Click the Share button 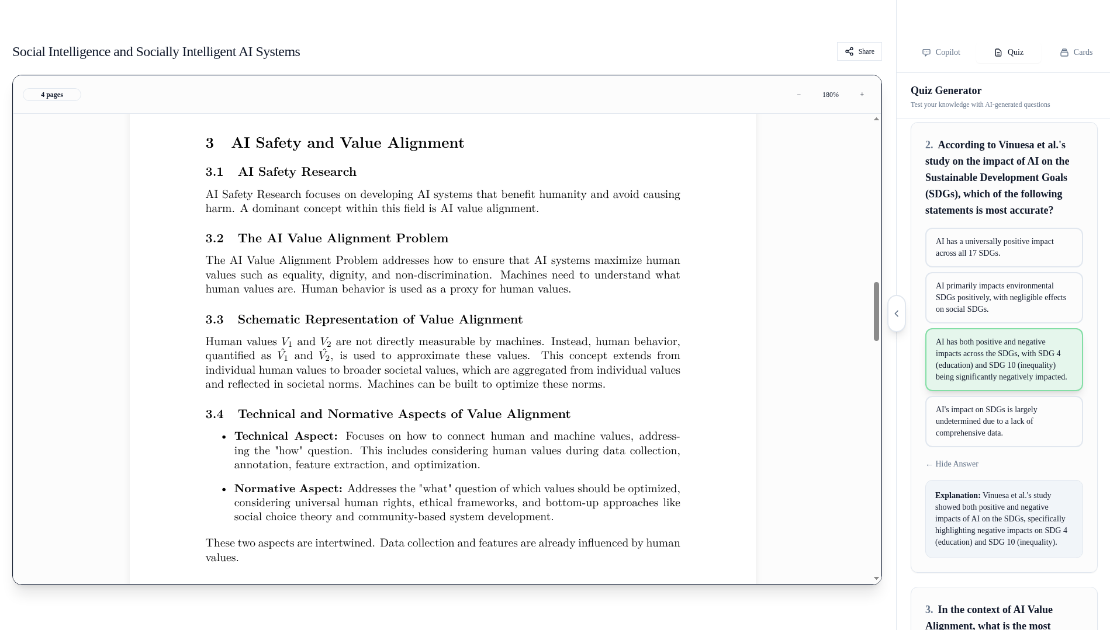pyautogui.click(x=859, y=51)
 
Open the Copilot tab pyautogui.click(x=941, y=53)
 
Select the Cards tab pyautogui.click(x=1076, y=53)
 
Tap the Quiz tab pyautogui.click(x=1009, y=53)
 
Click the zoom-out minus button pyautogui.click(x=799, y=95)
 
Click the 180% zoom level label pyautogui.click(x=830, y=95)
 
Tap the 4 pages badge pyautogui.click(x=52, y=95)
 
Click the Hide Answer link pyautogui.click(x=952, y=464)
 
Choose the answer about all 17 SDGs pyautogui.click(x=1004, y=248)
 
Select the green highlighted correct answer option pyautogui.click(x=1004, y=360)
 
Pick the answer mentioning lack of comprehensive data pyautogui.click(x=1004, y=422)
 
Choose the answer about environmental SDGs pyautogui.click(x=1004, y=298)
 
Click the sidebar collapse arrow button pyautogui.click(x=897, y=314)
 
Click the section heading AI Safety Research pyautogui.click(x=297, y=172)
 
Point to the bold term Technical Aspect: pyautogui.click(x=286, y=436)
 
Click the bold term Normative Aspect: pyautogui.click(x=288, y=489)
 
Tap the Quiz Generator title pyautogui.click(x=946, y=91)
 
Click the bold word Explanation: pyautogui.click(x=957, y=496)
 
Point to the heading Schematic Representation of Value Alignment pyautogui.click(x=380, y=319)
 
